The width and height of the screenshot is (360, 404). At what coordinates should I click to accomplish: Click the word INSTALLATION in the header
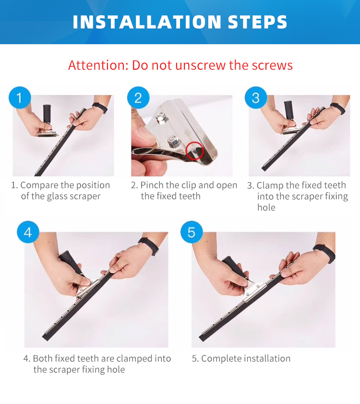[x=147, y=22]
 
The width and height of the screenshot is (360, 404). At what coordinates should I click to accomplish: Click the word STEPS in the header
[x=257, y=22]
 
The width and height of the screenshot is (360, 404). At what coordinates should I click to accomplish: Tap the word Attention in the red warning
[x=98, y=65]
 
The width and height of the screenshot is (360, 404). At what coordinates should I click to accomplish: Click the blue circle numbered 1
[x=20, y=98]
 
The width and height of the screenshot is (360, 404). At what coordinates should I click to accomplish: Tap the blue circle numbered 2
[x=138, y=98]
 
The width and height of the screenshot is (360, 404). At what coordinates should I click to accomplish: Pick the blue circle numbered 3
[x=256, y=98]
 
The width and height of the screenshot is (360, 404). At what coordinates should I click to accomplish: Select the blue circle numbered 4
[x=28, y=232]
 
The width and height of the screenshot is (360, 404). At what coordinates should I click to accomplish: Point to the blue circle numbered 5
[x=192, y=232]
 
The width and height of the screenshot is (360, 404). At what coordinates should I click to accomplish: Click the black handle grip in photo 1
[x=47, y=114]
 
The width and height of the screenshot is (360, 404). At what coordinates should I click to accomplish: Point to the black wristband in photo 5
[x=324, y=253]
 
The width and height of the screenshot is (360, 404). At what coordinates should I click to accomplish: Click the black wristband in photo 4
[x=149, y=246]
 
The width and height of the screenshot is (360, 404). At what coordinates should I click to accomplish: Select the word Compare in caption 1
[x=39, y=185]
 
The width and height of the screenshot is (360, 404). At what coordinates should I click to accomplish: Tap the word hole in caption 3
[x=266, y=208]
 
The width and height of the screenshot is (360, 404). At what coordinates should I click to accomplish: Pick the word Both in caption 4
[x=43, y=358]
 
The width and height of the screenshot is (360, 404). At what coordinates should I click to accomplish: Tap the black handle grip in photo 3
[x=288, y=110]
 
